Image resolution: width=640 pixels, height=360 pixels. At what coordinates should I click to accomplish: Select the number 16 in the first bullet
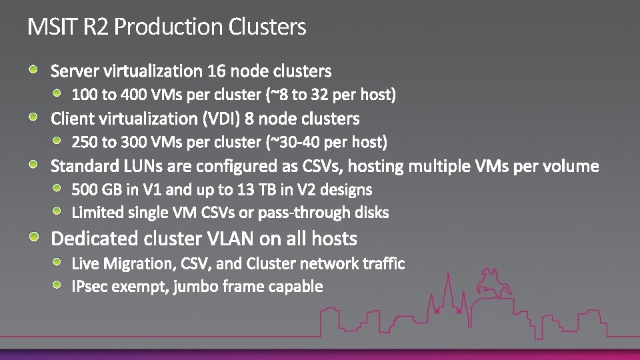coord(217,71)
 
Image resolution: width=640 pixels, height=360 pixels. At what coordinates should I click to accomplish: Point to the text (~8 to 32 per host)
coord(331,95)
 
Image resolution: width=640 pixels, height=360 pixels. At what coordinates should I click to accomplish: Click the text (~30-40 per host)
coord(327,142)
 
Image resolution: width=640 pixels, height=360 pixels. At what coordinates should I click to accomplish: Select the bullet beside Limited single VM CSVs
coord(59,211)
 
